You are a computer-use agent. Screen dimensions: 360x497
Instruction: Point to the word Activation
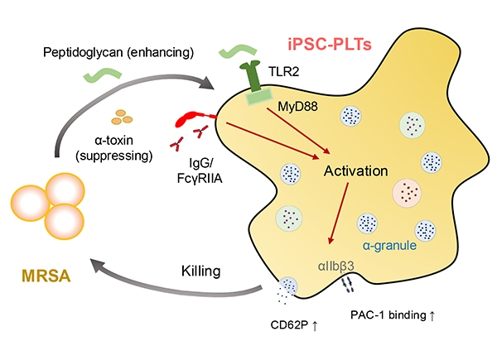[x=356, y=172]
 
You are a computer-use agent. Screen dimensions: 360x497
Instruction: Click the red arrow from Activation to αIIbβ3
[x=340, y=215]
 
